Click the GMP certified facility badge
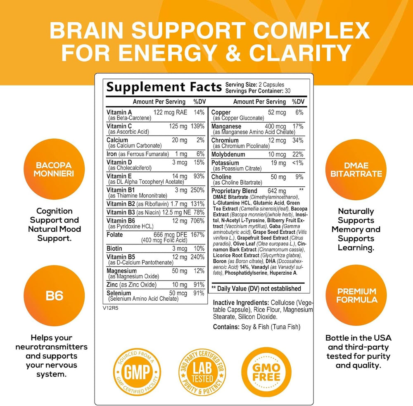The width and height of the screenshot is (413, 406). (137, 371)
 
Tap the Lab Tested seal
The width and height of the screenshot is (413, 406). (202, 372)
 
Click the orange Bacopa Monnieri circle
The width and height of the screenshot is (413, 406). (54, 169)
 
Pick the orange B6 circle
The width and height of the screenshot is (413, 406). (54, 295)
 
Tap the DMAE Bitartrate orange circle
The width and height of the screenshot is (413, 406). (356, 169)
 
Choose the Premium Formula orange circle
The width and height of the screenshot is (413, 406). (356, 295)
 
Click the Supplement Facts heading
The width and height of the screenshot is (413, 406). (164, 87)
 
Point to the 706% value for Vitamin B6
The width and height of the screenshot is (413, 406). (197, 221)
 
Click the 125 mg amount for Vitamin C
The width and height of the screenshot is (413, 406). (178, 126)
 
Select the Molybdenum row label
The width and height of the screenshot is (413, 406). (228, 154)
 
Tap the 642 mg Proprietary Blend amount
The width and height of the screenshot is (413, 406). (277, 191)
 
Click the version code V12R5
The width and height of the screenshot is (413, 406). (111, 308)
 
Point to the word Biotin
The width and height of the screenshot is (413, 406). (114, 249)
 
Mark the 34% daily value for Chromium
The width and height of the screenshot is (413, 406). (298, 140)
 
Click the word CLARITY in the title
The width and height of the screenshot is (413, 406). (300, 53)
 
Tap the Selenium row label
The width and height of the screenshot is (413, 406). (119, 293)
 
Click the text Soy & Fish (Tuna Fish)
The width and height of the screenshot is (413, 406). (271, 327)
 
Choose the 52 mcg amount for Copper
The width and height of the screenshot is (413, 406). (277, 112)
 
